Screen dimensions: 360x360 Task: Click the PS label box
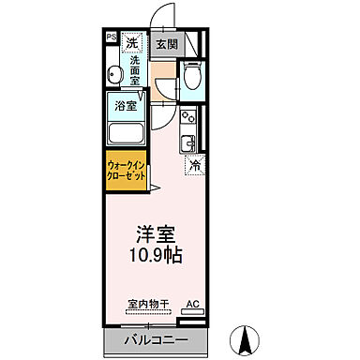point(112,37)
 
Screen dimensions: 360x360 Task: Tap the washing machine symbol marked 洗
point(133,42)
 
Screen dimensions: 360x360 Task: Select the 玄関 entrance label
point(166,43)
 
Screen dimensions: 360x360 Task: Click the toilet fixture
point(192,77)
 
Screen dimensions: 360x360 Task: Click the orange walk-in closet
point(125,171)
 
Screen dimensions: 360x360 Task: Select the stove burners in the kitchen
point(187,121)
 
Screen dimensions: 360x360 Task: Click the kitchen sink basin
point(188,142)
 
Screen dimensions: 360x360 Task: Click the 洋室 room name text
point(155,232)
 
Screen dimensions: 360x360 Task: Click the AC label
point(192,305)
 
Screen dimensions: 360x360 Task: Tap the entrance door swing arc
point(164,17)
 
